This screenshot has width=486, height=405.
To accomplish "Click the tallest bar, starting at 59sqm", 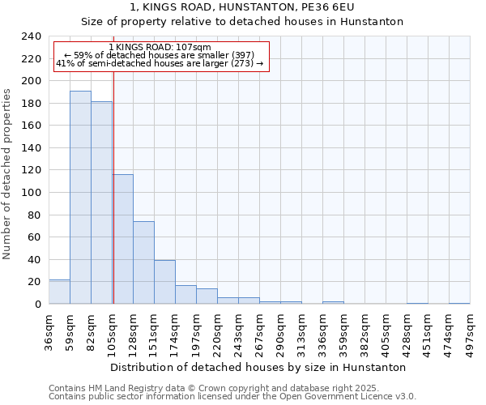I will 80,198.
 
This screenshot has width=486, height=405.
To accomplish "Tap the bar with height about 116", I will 123,239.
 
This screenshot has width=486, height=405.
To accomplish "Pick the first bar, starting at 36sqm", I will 59,292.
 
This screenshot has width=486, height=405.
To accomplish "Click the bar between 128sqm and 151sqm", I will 143,262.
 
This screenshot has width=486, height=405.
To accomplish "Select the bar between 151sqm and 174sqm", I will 164,282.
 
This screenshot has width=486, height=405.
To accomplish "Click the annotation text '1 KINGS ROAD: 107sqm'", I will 159,48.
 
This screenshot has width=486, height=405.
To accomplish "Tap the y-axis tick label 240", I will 31,36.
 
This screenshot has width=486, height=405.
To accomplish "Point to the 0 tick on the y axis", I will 37,305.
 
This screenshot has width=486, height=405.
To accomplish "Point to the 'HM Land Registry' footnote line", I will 231,388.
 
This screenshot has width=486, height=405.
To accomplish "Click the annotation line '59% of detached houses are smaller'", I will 159,55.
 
